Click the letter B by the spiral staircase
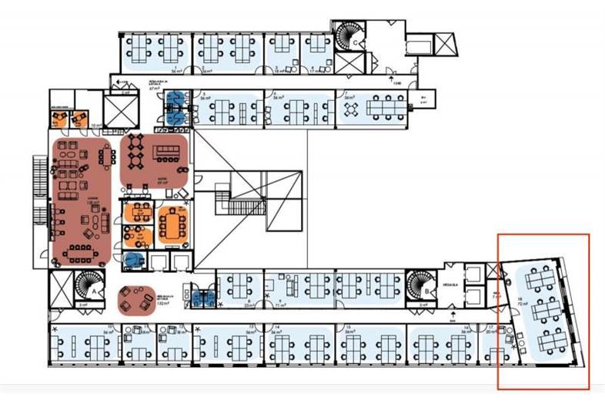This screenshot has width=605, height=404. point(426,293)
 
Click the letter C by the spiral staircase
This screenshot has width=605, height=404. point(356,42)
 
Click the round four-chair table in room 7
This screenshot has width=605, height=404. point(351,110)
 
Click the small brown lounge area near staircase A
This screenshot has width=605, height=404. point(137,299)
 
